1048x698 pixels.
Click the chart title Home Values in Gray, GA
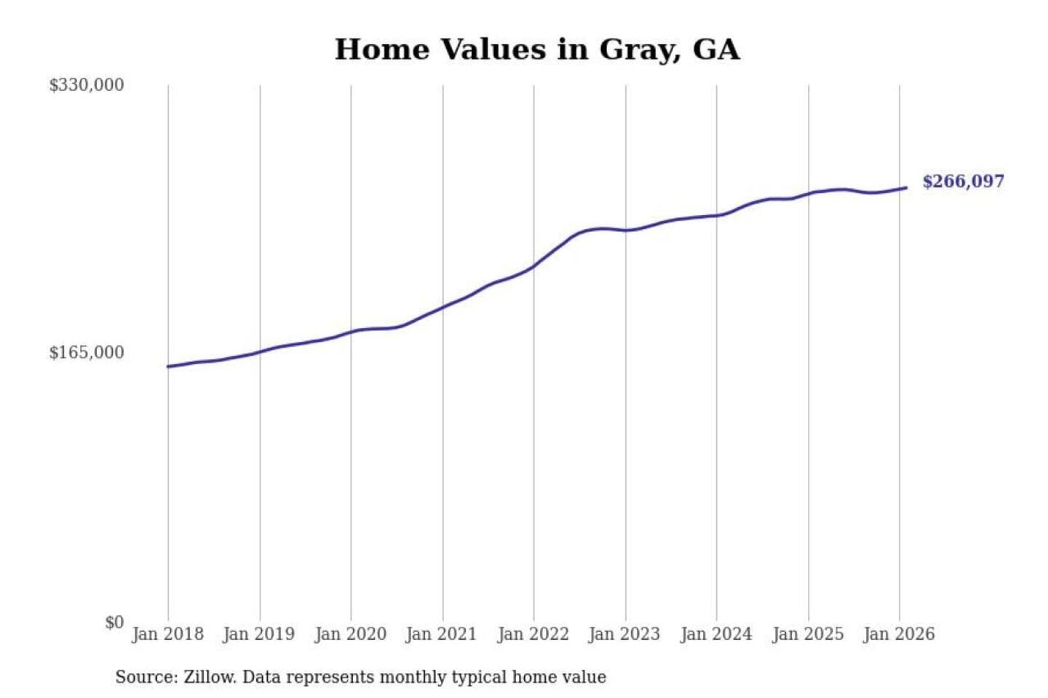click(x=537, y=49)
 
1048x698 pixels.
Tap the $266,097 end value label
click(x=963, y=181)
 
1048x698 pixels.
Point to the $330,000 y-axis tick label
click(x=87, y=85)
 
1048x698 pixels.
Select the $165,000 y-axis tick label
click(x=87, y=353)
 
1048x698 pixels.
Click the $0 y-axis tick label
click(x=114, y=622)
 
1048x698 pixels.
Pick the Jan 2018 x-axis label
click(x=167, y=634)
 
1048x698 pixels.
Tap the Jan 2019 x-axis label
click(x=259, y=634)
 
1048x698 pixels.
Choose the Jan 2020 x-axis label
click(x=350, y=634)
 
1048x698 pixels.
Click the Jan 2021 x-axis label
click(x=441, y=634)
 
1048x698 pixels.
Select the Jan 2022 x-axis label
click(x=533, y=634)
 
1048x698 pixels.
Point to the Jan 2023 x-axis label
click(x=624, y=634)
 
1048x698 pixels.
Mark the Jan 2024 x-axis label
click(x=715, y=634)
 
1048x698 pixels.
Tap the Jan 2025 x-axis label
click(x=807, y=634)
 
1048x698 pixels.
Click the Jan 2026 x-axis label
click(x=898, y=634)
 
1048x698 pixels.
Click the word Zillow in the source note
click(x=209, y=678)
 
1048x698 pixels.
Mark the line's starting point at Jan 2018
click(x=168, y=366)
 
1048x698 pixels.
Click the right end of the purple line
click(x=906, y=188)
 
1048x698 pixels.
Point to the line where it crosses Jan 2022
click(x=533, y=267)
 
